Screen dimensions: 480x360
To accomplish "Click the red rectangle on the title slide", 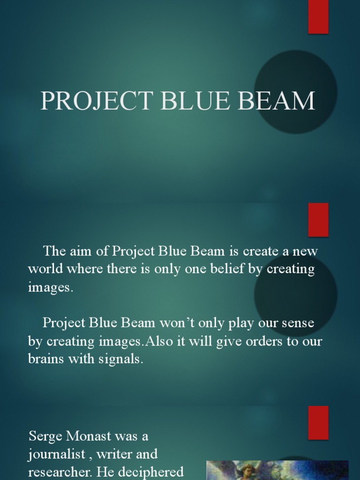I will point(318,17).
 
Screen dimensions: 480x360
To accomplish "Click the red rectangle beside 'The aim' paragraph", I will point(318,219).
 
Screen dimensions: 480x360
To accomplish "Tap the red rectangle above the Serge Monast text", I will point(318,422).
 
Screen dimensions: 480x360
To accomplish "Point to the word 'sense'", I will point(295,323).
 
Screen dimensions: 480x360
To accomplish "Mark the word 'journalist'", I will point(57,454).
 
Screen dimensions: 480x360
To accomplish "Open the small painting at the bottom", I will point(277,470).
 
